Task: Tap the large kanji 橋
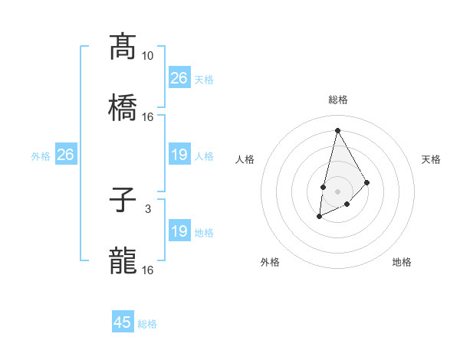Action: [123, 107]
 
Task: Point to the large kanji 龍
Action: [123, 261]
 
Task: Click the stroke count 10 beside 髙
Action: [148, 56]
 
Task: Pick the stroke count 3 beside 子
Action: [148, 209]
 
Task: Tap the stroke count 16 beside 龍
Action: [148, 270]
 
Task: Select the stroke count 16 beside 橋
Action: [148, 116]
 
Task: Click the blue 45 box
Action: [123, 322]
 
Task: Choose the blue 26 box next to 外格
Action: [65, 155]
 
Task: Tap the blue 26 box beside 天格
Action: [179, 78]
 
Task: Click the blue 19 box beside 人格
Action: [179, 155]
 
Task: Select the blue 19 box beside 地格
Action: [179, 231]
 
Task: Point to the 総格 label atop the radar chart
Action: [337, 100]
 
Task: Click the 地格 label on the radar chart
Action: [402, 263]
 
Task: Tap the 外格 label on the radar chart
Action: [270, 263]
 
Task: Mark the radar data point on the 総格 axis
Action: [337, 129]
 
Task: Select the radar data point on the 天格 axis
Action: [367, 182]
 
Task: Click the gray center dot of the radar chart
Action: [337, 191]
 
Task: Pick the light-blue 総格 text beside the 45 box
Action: [147, 324]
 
